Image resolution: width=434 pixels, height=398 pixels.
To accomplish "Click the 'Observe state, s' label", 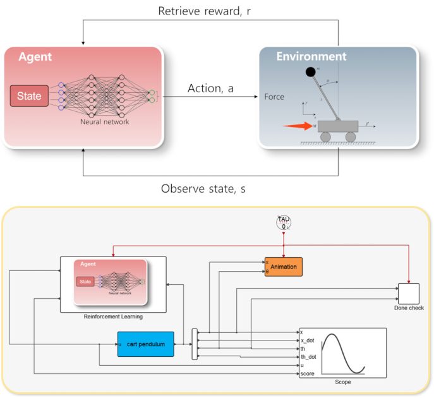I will [211, 188].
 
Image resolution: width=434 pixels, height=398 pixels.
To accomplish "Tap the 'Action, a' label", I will [210, 88].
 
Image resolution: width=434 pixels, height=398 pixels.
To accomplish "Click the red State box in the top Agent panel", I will [29, 96].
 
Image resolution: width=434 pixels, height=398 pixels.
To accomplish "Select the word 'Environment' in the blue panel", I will [311, 57].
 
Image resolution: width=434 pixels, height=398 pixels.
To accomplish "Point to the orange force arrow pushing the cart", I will [297, 126].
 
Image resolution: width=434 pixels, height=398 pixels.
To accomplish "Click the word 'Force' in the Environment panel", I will [275, 97].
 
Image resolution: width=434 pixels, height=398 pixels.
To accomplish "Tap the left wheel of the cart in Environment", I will [325, 137].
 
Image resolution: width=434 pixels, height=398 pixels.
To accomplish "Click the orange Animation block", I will [283, 267].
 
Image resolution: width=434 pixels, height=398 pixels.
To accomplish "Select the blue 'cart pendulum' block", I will [145, 344].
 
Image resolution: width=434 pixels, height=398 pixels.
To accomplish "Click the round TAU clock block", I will [283, 222].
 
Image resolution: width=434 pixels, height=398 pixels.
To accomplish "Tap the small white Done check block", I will [408, 293].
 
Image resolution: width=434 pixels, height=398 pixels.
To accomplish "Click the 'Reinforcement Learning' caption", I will [113, 316].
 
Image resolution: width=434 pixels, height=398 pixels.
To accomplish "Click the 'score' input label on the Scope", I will [308, 373].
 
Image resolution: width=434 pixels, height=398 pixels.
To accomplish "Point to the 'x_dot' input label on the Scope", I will [308, 340].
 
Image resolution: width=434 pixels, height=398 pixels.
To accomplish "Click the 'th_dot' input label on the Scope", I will [308, 357].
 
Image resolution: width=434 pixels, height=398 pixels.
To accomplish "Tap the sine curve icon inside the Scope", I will [345, 354].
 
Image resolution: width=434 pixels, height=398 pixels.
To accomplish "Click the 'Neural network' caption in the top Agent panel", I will [104, 121].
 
